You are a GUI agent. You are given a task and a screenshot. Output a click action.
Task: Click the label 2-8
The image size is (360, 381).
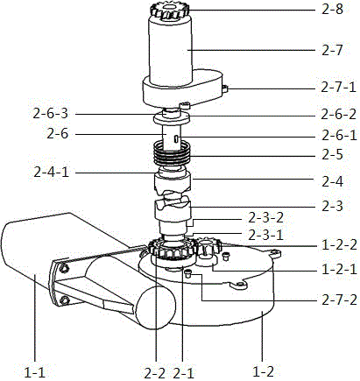coord(332,10)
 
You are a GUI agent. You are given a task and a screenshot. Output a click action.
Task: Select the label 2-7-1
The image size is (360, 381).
coord(339,87)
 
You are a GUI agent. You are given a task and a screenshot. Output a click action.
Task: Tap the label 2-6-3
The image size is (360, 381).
coord(51,114)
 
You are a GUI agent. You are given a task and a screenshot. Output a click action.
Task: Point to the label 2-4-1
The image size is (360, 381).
coord(51,173)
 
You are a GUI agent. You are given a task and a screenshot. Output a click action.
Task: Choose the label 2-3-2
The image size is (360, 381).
coord(265,218)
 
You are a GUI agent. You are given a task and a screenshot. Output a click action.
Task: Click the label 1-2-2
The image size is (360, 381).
coord(339,245)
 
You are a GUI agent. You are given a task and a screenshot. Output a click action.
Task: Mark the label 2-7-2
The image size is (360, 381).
coord(339,300)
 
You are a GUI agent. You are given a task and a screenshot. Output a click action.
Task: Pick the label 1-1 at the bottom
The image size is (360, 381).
coord(35,373)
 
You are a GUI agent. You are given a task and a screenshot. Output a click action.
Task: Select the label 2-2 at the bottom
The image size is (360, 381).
coord(155,373)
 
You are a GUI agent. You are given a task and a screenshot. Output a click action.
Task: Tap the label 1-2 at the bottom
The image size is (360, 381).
coord(263,372)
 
